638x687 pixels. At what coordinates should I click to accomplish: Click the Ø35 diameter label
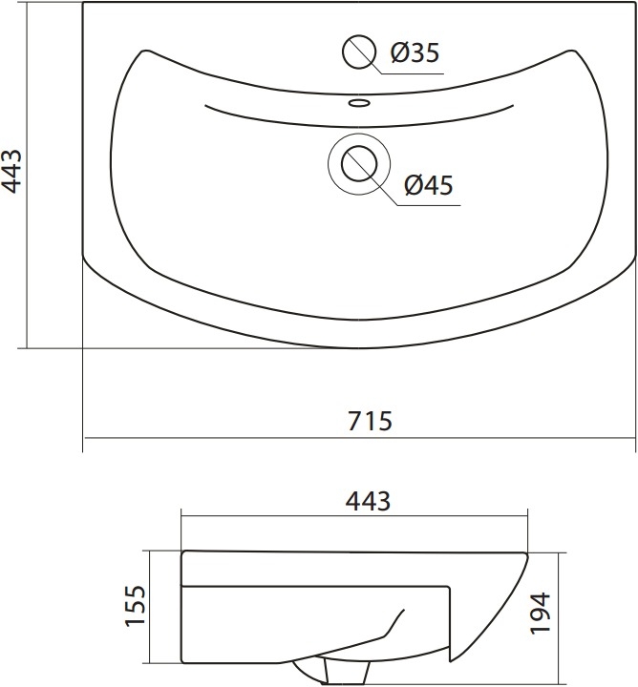pos(415,52)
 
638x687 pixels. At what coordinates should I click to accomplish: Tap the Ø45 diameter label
pos(429,185)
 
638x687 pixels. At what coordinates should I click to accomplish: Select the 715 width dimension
pos(370,421)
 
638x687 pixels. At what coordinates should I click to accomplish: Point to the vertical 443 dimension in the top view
pos(11,171)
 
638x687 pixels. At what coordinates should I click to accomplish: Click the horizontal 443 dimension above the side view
pos(368,501)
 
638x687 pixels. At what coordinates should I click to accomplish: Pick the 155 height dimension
pos(135,606)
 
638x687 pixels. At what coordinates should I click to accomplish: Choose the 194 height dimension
pos(540,613)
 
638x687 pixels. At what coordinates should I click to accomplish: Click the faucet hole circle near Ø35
pos(359,52)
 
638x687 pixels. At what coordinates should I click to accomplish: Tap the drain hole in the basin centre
pos(359,164)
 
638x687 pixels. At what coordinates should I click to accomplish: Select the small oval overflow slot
pos(359,103)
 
